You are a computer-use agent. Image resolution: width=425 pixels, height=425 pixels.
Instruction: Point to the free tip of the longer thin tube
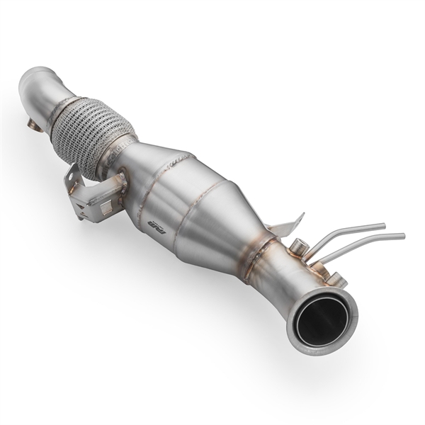click(402, 235)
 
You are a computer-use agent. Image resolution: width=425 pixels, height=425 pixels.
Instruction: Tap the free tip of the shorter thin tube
click(382, 225)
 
